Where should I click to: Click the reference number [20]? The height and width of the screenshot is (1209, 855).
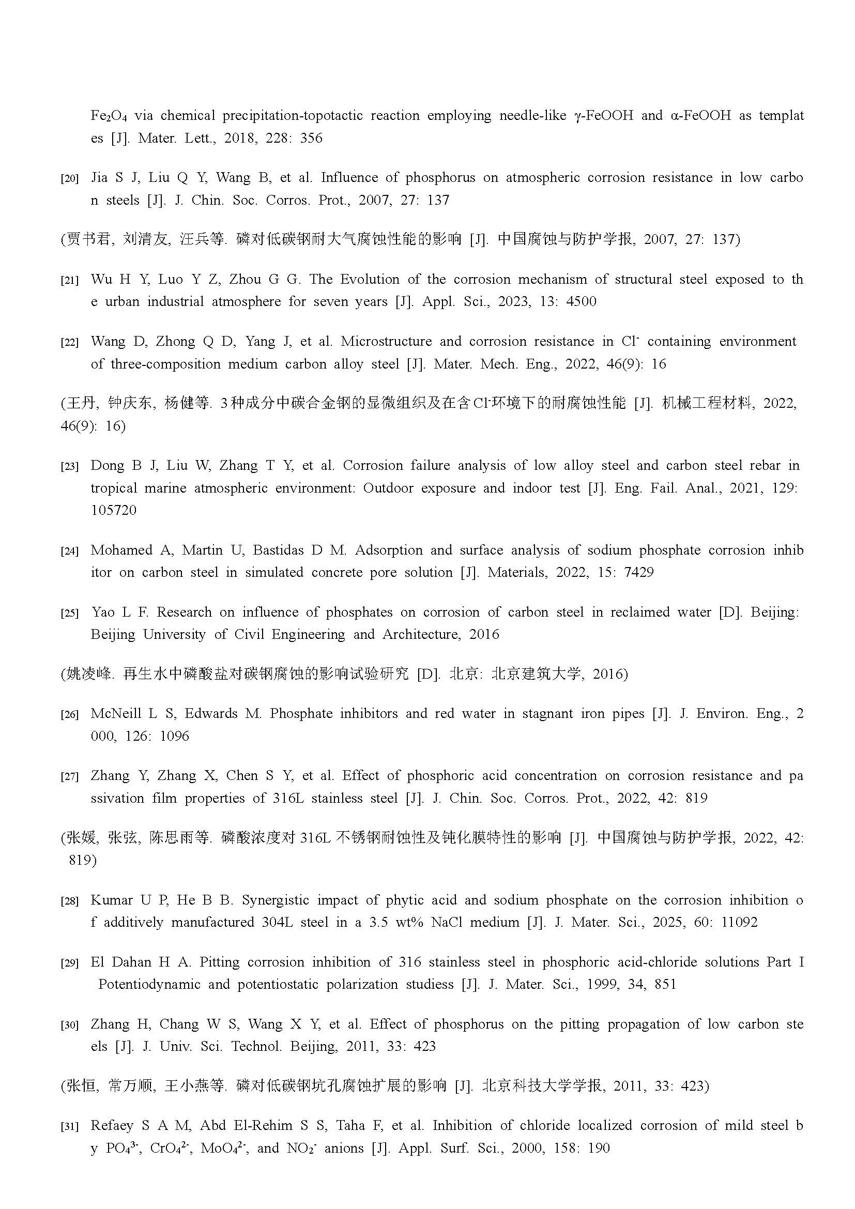69,178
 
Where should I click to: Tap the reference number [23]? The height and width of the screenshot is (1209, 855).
69,466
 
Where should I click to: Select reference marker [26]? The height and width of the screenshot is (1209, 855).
69,714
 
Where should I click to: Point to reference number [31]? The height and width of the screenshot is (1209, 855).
69,1126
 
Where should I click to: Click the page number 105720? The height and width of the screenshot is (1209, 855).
113,510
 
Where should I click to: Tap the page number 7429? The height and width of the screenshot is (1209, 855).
638,572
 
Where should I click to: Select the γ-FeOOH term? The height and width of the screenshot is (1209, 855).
603,115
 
